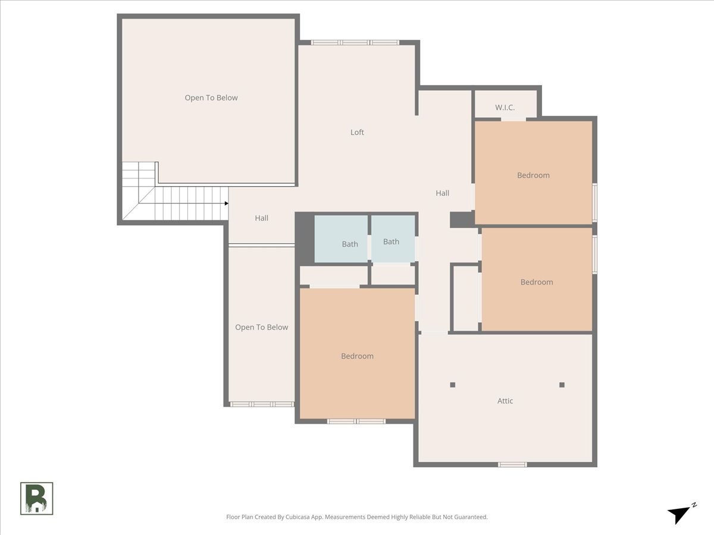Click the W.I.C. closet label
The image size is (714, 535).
[x=505, y=108]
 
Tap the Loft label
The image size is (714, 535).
[x=357, y=132]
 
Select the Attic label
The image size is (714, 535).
[x=505, y=401]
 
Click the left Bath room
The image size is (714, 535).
[x=341, y=239]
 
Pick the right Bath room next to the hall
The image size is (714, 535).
[x=393, y=238]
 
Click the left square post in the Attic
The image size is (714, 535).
[x=452, y=385]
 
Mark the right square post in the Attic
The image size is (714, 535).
[x=562, y=385]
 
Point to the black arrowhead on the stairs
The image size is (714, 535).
[x=227, y=203]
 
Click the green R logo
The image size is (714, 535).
[x=37, y=498]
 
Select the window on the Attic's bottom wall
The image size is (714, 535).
[x=512, y=464]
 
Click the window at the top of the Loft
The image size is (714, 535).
[x=355, y=43]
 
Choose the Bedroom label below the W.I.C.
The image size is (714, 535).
[x=534, y=175]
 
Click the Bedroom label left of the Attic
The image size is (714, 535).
[x=357, y=356]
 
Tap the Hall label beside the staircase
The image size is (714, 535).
[x=262, y=218]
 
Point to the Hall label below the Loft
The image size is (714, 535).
[x=443, y=193]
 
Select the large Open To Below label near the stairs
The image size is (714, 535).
[x=211, y=97]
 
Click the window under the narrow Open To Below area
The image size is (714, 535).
[x=262, y=404]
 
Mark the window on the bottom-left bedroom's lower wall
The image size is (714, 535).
[x=356, y=421]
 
